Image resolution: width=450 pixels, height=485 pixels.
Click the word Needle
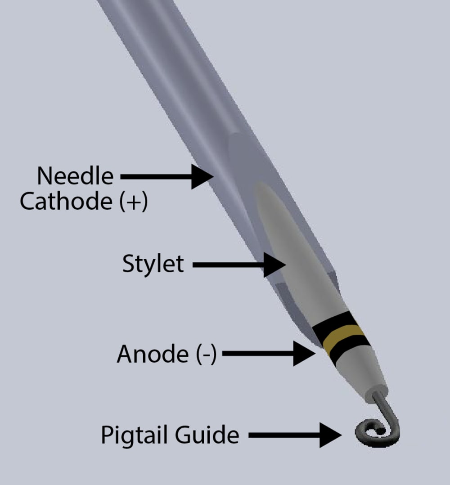[x=75, y=175]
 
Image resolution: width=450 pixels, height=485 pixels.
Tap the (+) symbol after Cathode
[x=134, y=202]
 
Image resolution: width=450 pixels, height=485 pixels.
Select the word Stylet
[x=153, y=264]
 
